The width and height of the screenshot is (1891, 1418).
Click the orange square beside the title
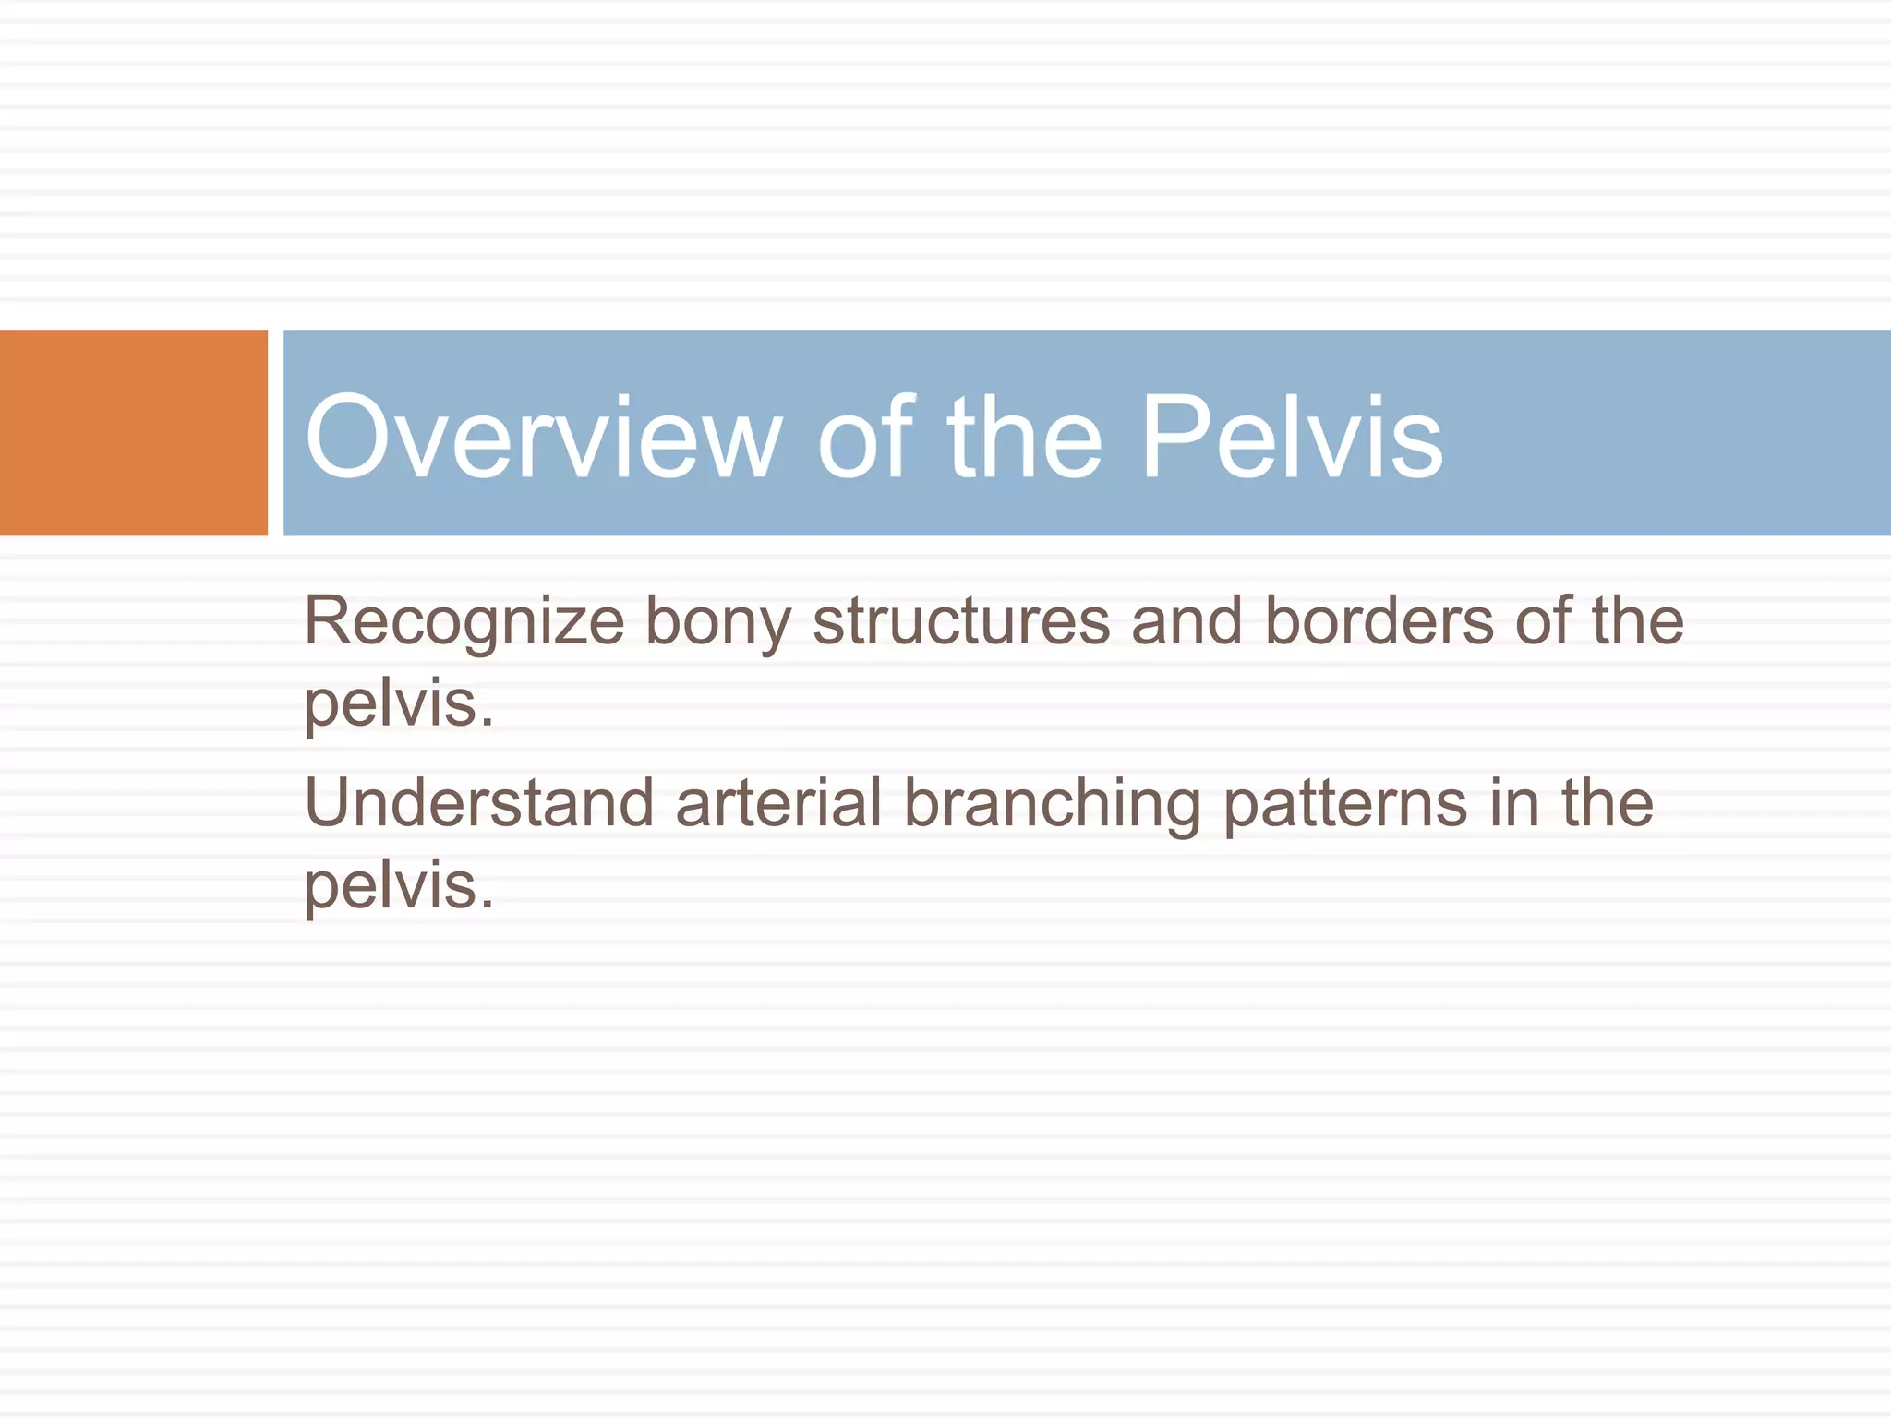tap(133, 433)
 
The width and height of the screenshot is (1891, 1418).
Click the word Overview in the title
tap(544, 437)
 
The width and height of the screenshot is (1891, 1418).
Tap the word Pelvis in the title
tap(1292, 437)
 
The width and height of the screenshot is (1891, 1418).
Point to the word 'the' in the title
tap(1025, 437)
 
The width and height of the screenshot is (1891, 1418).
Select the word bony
tap(717, 621)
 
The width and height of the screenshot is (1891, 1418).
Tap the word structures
tap(961, 621)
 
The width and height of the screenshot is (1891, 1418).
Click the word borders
tap(1379, 621)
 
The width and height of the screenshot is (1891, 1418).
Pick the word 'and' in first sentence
tap(1186, 621)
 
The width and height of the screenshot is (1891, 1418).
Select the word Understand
tap(479, 803)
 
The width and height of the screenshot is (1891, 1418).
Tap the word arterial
tap(778, 803)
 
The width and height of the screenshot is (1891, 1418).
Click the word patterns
tap(1345, 803)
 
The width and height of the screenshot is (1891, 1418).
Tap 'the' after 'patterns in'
tap(1608, 803)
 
